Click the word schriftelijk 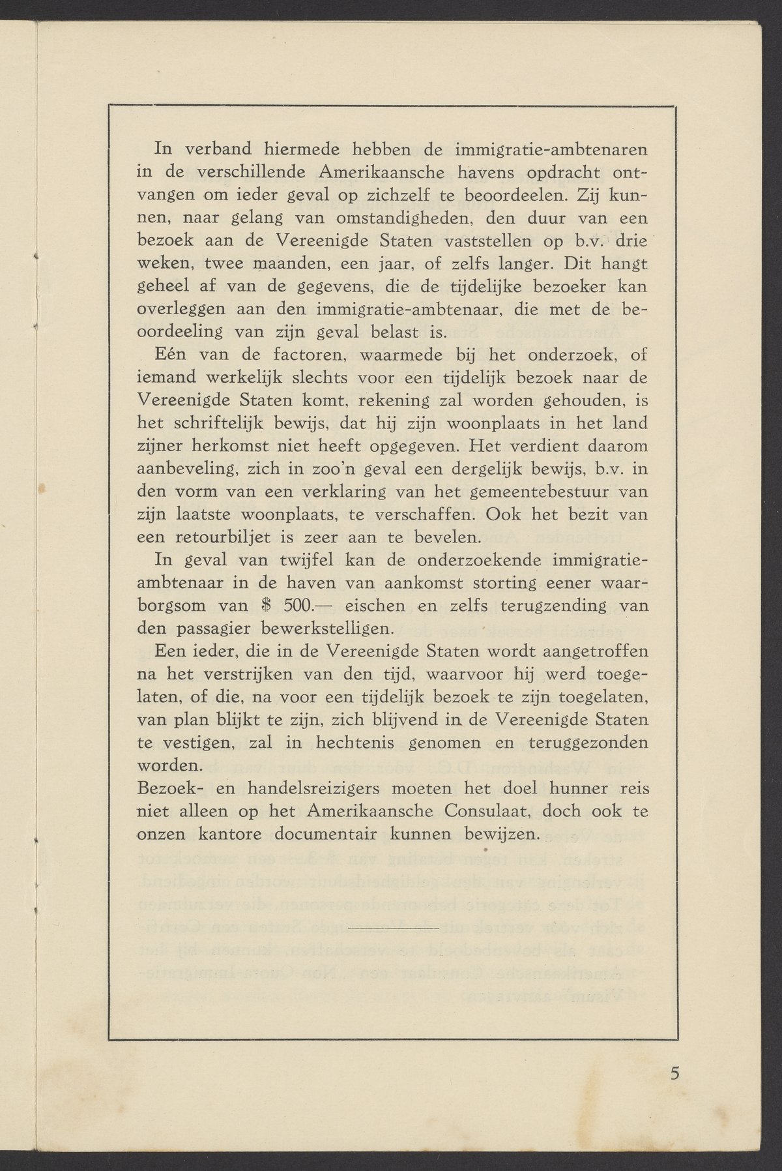(x=240, y=424)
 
